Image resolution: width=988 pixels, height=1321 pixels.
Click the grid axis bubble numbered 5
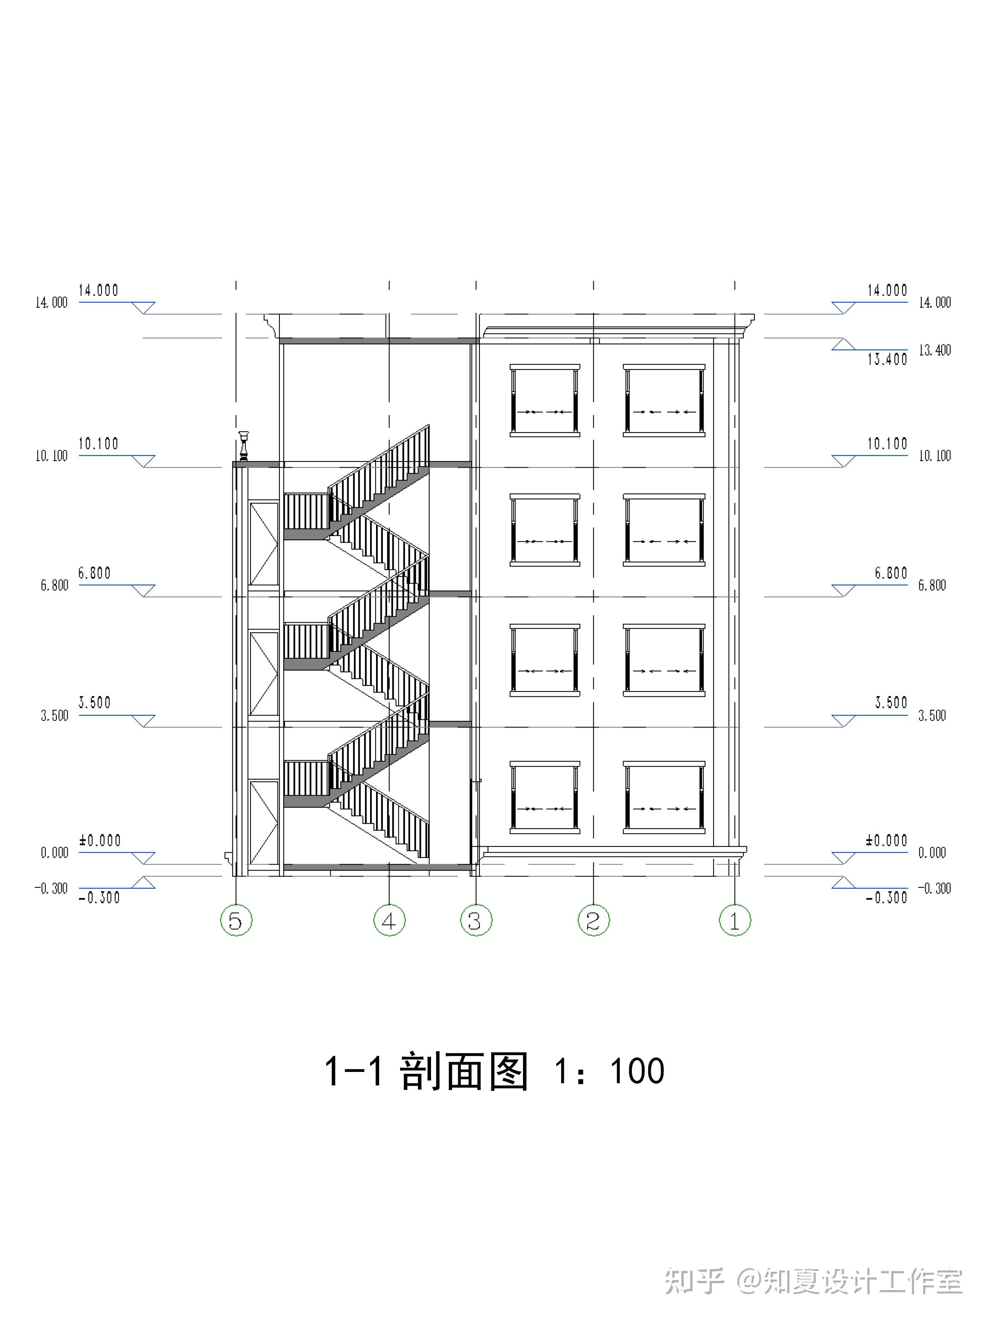236,920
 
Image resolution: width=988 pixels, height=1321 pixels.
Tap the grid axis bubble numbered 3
476,920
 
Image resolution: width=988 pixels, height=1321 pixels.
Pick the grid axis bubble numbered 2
593,920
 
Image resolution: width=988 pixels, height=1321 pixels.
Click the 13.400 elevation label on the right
887,359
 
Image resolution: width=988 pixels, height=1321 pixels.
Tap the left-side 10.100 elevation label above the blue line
98,444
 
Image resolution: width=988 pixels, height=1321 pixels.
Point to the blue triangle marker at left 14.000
143,308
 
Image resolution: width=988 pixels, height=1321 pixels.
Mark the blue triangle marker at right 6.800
843,590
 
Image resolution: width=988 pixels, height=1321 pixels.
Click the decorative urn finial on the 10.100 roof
243,444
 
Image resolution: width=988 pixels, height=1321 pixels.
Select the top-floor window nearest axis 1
664,400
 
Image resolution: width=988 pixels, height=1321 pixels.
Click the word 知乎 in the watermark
695,1280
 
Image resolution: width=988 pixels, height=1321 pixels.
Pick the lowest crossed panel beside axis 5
263,822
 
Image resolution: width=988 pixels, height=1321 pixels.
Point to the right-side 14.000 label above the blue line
887,290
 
